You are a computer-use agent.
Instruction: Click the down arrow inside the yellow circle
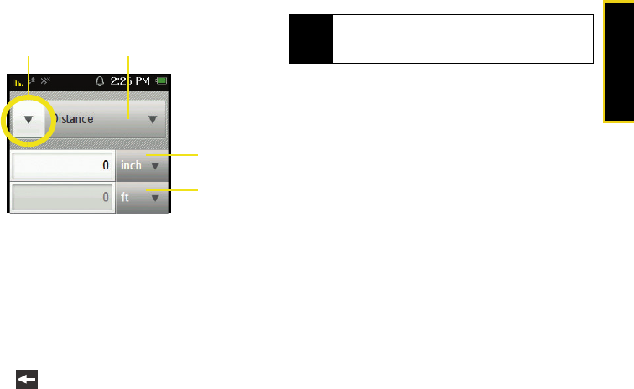point(29,120)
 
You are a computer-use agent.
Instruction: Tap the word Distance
point(74,119)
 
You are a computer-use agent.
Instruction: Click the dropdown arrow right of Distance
point(153,120)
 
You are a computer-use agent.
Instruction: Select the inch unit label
point(132,165)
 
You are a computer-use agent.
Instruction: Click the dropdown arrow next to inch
point(155,166)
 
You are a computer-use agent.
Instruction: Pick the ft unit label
point(126,199)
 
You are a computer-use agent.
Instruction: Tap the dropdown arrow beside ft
point(155,200)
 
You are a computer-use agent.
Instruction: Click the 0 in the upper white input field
point(106,166)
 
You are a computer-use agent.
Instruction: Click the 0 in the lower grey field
point(106,199)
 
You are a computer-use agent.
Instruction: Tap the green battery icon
point(162,82)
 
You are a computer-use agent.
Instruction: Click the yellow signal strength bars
point(18,83)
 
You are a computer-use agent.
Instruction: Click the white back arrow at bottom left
point(27,380)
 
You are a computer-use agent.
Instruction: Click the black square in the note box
point(310,50)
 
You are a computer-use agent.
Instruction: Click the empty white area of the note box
point(462,50)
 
